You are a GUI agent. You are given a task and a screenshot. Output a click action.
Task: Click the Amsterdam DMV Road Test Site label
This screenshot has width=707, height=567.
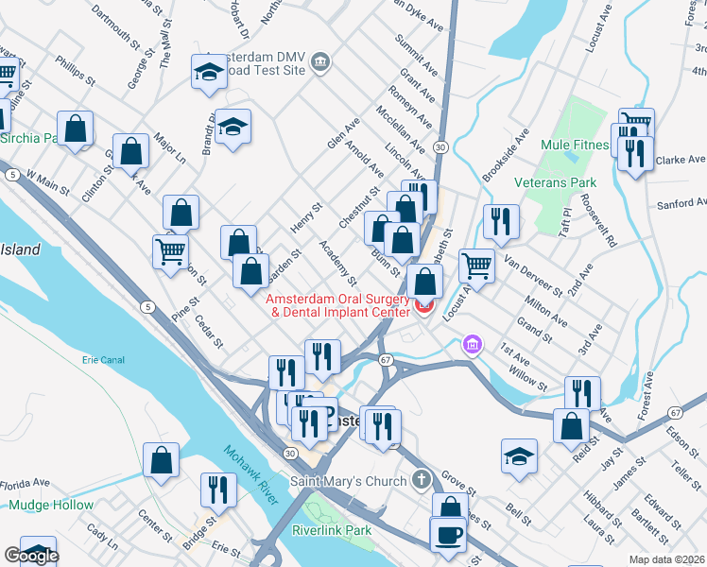[254, 62]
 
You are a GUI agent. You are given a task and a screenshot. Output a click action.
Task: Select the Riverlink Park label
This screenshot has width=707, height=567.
[331, 530]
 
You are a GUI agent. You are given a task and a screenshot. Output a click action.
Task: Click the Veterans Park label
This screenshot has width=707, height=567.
[555, 181]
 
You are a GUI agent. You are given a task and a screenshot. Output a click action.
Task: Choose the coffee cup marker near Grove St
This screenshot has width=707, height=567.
[448, 535]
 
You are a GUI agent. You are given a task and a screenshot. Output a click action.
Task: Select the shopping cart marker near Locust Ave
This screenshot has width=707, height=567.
[477, 265]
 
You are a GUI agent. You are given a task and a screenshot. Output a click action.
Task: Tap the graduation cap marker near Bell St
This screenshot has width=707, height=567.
[519, 455]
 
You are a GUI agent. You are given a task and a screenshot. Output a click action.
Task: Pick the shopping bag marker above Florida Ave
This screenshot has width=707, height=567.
[162, 460]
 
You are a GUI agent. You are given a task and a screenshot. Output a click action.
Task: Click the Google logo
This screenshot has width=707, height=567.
[31, 556]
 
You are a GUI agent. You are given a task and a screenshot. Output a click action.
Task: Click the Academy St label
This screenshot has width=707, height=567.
[337, 263]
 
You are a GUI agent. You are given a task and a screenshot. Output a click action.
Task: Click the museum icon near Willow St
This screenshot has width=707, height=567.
[472, 347]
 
